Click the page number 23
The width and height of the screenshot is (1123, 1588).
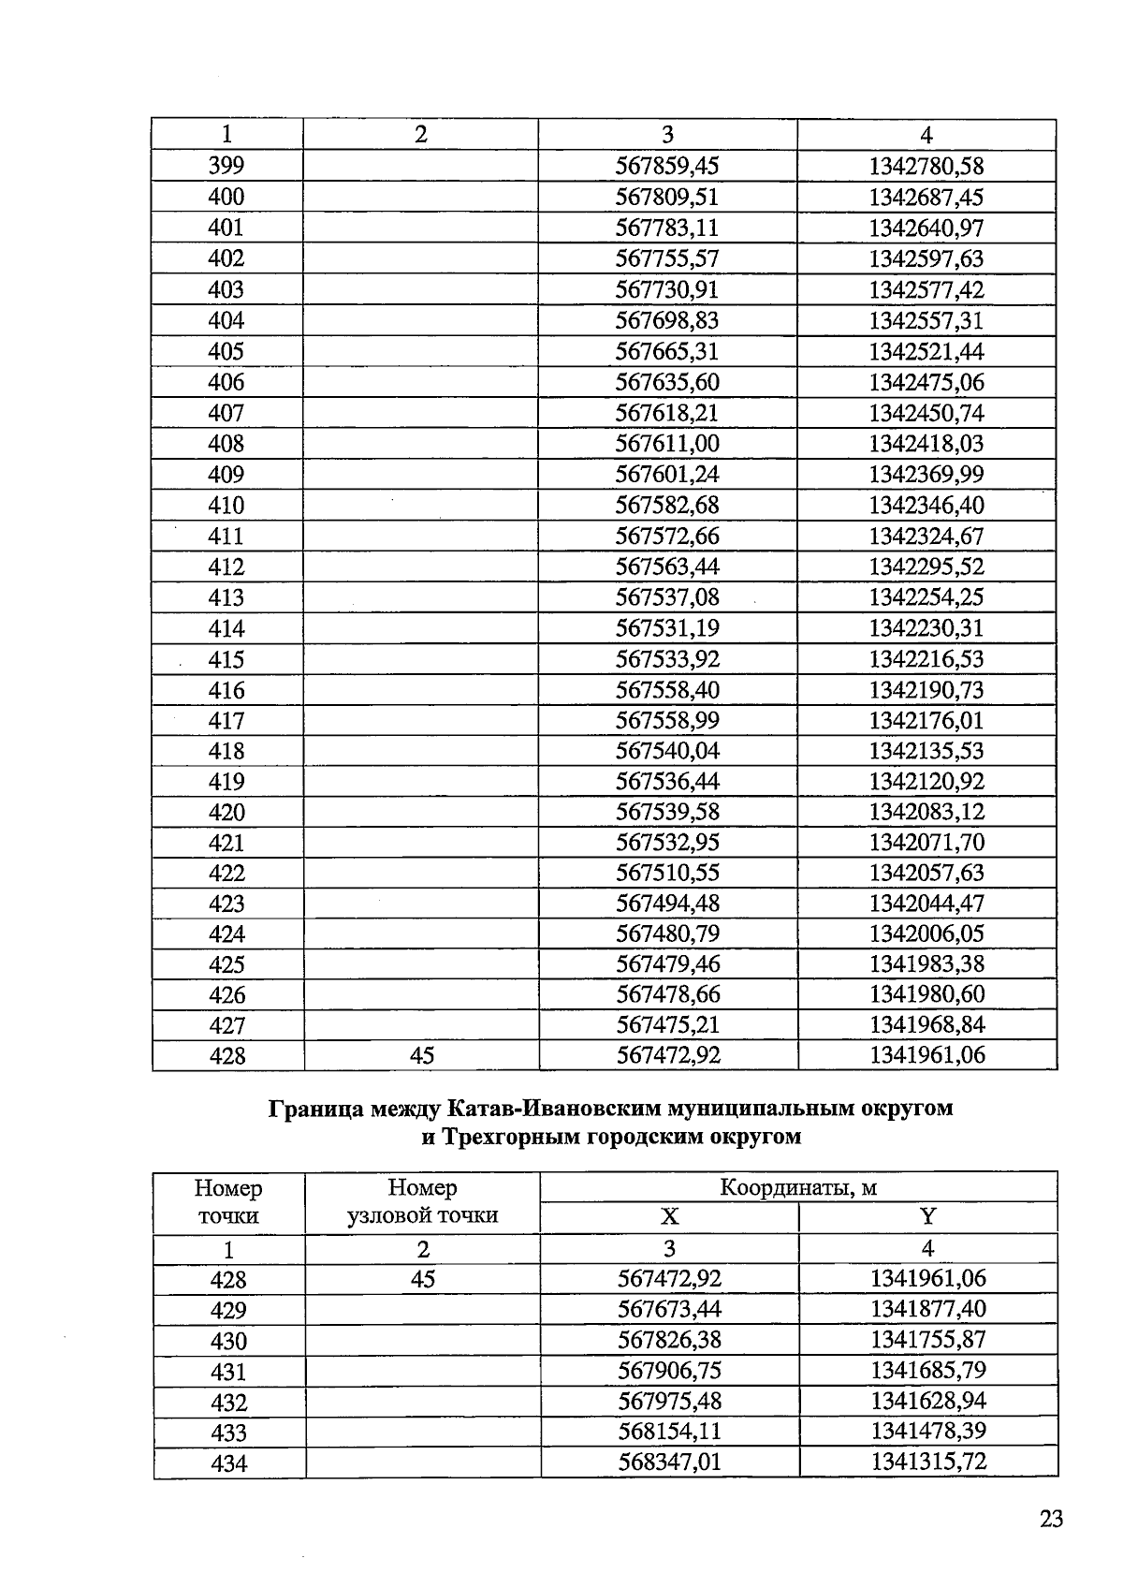tap(1051, 1519)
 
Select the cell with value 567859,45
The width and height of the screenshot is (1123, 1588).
tap(666, 167)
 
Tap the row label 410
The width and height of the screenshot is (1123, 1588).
tap(226, 506)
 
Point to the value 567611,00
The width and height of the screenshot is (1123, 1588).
tap(666, 444)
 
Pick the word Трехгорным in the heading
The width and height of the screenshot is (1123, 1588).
tap(512, 1138)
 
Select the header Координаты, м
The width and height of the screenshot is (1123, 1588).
tap(798, 1188)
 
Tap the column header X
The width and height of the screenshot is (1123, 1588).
tap(669, 1217)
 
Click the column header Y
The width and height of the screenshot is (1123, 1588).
tap(927, 1217)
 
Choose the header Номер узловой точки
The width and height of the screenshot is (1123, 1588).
tap(422, 1202)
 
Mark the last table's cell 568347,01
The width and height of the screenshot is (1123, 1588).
tap(669, 1462)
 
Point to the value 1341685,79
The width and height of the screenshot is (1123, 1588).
tap(927, 1371)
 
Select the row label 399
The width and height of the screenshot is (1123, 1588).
tap(226, 167)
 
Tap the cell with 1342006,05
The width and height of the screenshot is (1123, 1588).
tap(926, 934)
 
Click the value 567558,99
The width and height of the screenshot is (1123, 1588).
tap(666, 721)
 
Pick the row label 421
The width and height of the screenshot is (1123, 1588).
tap(226, 843)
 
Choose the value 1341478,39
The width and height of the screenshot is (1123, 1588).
tap(927, 1432)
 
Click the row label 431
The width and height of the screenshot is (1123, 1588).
tap(228, 1373)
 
